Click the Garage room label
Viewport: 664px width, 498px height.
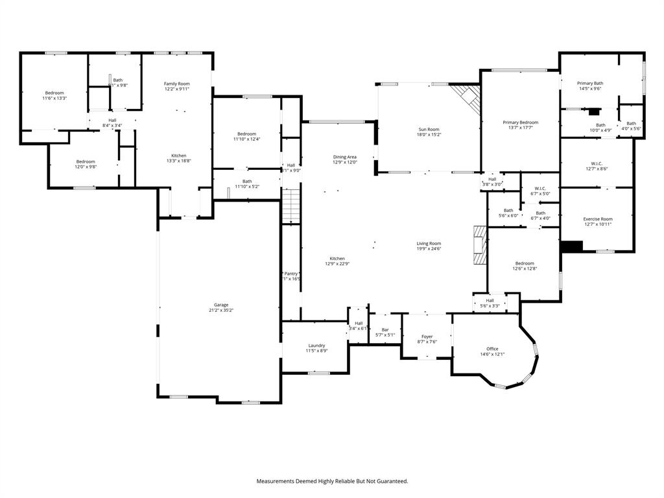pyautogui.click(x=221, y=305)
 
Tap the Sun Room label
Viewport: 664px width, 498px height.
pyautogui.click(x=429, y=130)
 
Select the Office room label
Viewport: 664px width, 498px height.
pyautogui.click(x=492, y=349)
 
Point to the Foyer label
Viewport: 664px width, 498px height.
pyautogui.click(x=427, y=337)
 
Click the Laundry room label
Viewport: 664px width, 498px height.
pyautogui.click(x=316, y=346)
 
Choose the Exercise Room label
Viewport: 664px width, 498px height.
pyautogui.click(x=597, y=219)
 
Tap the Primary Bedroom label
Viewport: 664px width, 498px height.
pyautogui.click(x=521, y=122)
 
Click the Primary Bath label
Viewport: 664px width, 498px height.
pyautogui.click(x=590, y=83)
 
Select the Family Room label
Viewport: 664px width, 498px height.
pyautogui.click(x=176, y=84)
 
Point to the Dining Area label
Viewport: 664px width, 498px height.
pyautogui.click(x=344, y=157)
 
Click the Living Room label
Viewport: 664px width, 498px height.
pyautogui.click(x=429, y=243)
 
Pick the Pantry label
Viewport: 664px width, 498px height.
pyautogui.click(x=290, y=274)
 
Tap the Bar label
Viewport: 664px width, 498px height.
pyautogui.click(x=385, y=329)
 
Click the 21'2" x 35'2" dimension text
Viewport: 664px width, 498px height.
pyautogui.click(x=221, y=311)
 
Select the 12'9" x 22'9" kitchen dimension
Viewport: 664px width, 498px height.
pyautogui.click(x=337, y=264)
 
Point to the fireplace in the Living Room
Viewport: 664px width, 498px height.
pyautogui.click(x=480, y=245)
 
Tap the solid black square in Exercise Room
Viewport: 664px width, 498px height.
pyautogui.click(x=572, y=246)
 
